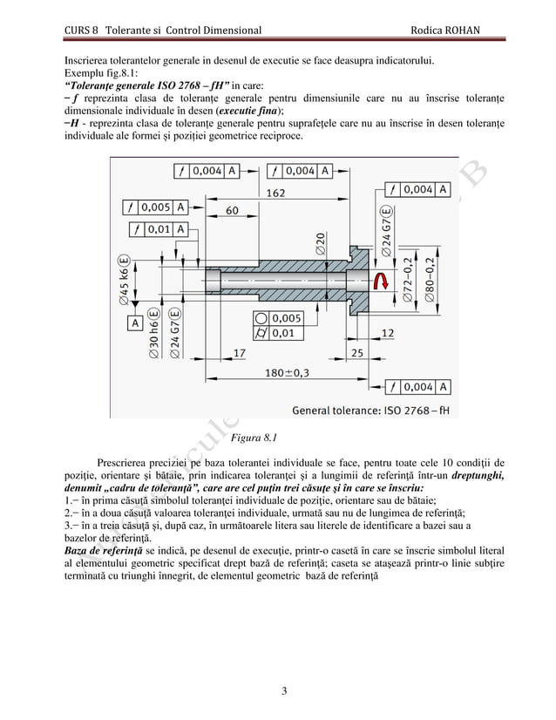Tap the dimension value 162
coord(275,194)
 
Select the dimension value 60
coord(233,210)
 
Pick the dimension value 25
coord(357,352)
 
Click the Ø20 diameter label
coord(322,243)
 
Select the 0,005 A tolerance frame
coord(156,207)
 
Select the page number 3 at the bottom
coord(284,692)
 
